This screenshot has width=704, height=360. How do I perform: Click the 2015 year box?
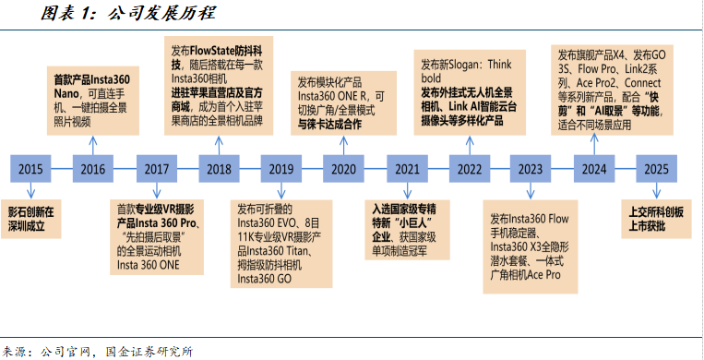click(x=30, y=169)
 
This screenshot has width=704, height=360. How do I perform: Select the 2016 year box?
click(x=93, y=169)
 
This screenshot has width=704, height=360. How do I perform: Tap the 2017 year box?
click(x=156, y=169)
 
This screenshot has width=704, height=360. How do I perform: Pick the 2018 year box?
click(x=219, y=169)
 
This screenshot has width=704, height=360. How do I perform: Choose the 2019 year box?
click(x=281, y=169)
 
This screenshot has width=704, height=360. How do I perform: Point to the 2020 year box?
click(x=344, y=169)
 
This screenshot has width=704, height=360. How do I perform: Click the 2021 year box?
click(x=407, y=169)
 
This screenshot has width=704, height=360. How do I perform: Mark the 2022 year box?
click(x=470, y=169)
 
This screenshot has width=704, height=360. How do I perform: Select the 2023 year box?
click(x=531, y=169)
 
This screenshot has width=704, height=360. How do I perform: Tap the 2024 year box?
click(x=594, y=169)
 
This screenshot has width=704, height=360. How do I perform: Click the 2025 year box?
click(x=657, y=169)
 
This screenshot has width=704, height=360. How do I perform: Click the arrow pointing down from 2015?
click(x=30, y=190)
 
